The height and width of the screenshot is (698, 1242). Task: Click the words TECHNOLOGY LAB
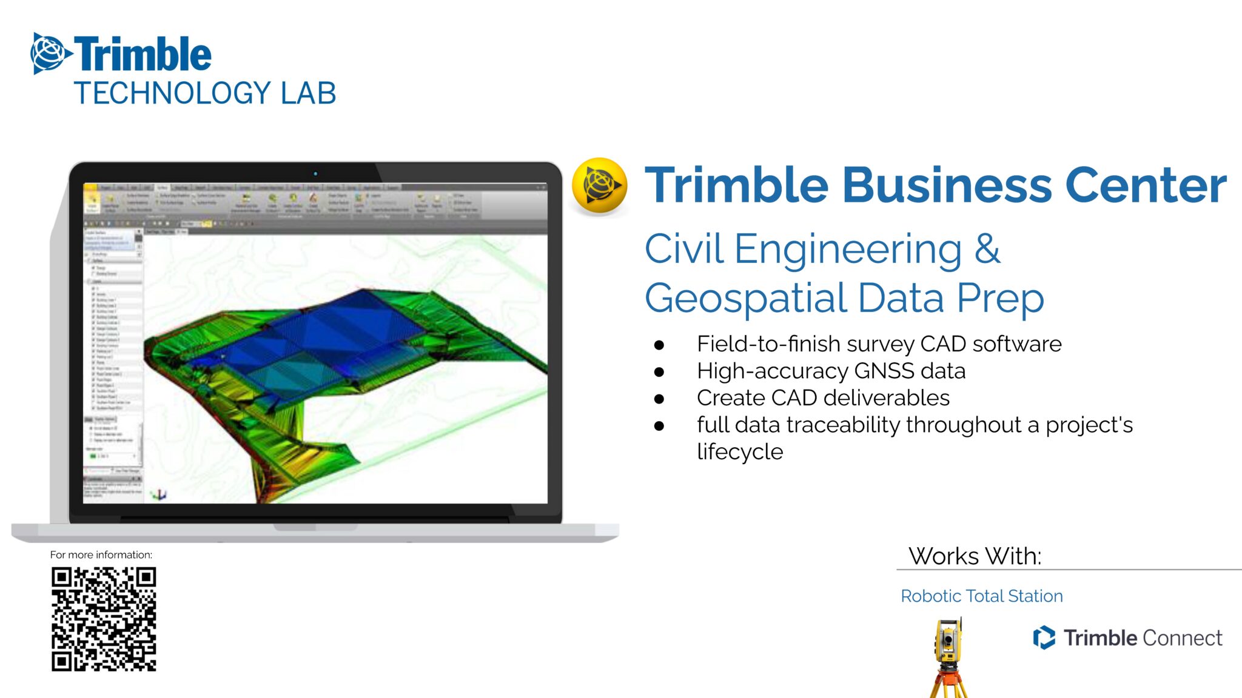pos(205,94)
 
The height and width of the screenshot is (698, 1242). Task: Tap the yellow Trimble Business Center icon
pos(599,186)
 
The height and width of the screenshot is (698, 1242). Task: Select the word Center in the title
pos(1146,185)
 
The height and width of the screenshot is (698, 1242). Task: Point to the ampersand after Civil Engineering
pos(987,249)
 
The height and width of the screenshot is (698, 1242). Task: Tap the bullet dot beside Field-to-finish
pos(659,345)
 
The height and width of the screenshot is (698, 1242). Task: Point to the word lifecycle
pos(740,452)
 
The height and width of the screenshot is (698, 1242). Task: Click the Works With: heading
pos(975,556)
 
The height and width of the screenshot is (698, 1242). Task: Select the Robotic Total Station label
pos(981,596)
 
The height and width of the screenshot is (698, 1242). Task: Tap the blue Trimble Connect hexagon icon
pos(1044,637)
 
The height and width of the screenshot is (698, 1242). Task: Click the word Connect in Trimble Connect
pos(1182,638)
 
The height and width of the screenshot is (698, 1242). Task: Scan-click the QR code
pos(104,619)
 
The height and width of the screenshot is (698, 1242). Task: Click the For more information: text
pos(101,555)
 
